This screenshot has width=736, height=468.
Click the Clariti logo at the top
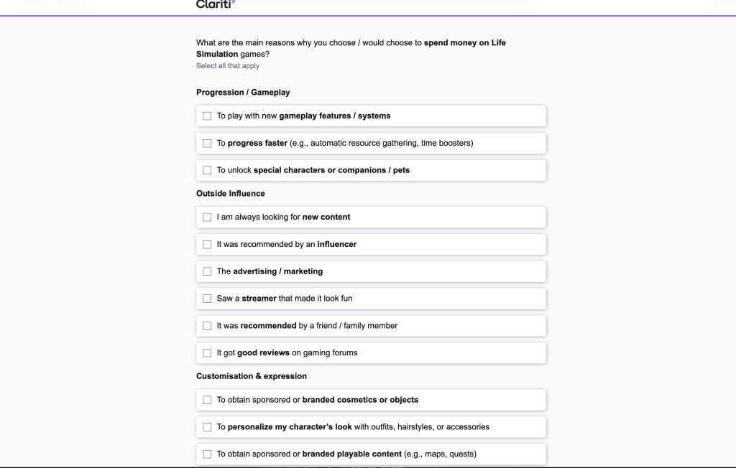(215, 4)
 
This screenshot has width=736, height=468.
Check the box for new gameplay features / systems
(207, 116)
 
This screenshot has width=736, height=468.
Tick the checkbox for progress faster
(207, 143)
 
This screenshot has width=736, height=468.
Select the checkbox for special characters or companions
(207, 170)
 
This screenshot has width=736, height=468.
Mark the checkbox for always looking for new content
(207, 217)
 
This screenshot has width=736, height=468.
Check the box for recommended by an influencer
(207, 244)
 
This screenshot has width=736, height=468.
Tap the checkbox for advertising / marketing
(207, 271)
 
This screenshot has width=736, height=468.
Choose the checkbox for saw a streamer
(207, 299)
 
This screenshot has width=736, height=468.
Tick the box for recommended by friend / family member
(207, 326)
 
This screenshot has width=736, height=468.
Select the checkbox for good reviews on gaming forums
(207, 353)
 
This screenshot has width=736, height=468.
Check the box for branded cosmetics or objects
(207, 400)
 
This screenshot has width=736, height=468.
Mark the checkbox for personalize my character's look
(207, 427)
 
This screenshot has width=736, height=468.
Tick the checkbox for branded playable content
(207, 454)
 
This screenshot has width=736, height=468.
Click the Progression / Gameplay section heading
(243, 93)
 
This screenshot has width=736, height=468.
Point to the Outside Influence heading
(231, 194)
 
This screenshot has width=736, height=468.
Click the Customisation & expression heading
(252, 376)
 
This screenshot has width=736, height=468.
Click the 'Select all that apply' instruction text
(228, 66)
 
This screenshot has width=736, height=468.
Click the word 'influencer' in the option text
(337, 244)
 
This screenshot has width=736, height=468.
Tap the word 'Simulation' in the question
(217, 55)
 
